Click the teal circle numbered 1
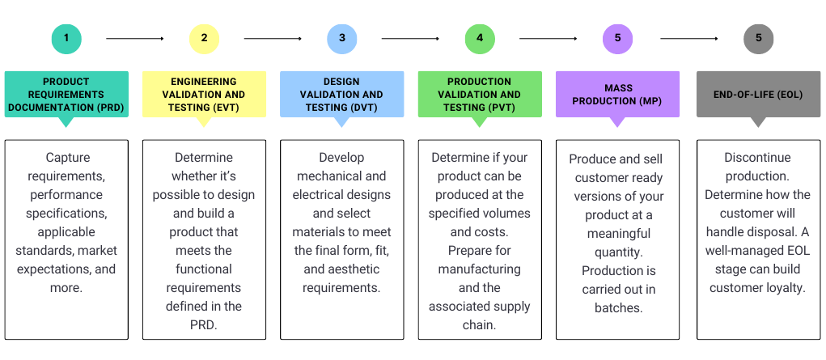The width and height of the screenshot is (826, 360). click(x=66, y=38)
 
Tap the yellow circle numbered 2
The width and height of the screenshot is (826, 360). click(x=204, y=38)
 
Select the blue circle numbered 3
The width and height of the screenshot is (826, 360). click(x=342, y=38)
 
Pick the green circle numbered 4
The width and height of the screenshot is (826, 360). click(x=480, y=38)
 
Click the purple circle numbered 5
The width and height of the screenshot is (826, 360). click(x=618, y=38)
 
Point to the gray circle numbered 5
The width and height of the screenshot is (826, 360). click(x=758, y=38)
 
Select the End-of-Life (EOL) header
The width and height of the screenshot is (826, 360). click(x=758, y=94)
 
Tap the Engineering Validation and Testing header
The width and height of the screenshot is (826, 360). click(x=204, y=94)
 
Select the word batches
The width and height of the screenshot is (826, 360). click(x=618, y=307)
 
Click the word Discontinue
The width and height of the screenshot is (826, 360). click(x=758, y=158)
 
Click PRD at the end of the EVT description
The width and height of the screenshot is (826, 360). click(x=204, y=325)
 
